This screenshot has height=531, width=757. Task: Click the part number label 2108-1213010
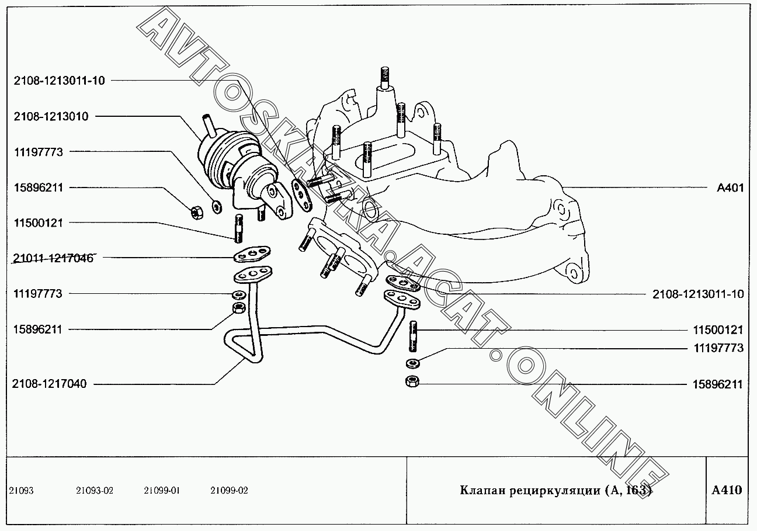click(x=51, y=116)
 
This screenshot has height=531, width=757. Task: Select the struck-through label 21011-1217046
click(x=53, y=258)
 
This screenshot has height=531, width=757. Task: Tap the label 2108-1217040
click(x=49, y=384)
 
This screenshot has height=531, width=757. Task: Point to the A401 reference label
click(x=730, y=188)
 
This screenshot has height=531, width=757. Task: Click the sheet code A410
click(x=727, y=490)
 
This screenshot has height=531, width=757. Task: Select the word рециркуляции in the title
click(x=553, y=490)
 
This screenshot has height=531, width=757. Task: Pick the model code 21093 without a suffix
click(x=21, y=491)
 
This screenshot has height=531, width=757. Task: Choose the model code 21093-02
click(x=94, y=491)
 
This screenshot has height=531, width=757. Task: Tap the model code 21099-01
click(x=162, y=491)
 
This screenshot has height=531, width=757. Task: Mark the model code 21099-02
click(x=229, y=491)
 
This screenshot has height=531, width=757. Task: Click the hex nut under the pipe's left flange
click(x=238, y=308)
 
